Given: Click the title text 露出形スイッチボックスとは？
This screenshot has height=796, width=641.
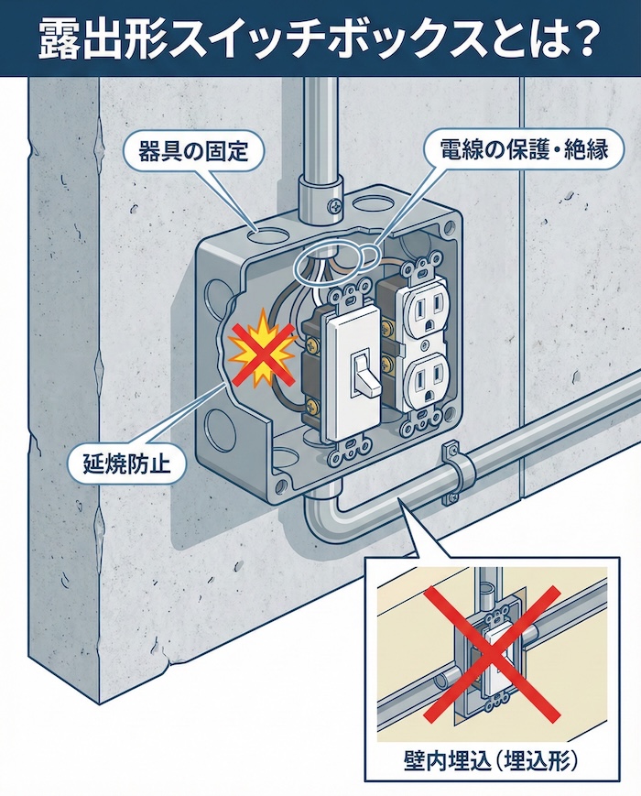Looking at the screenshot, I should tap(320, 38).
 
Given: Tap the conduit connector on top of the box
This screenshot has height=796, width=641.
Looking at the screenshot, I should tap(318, 194).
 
